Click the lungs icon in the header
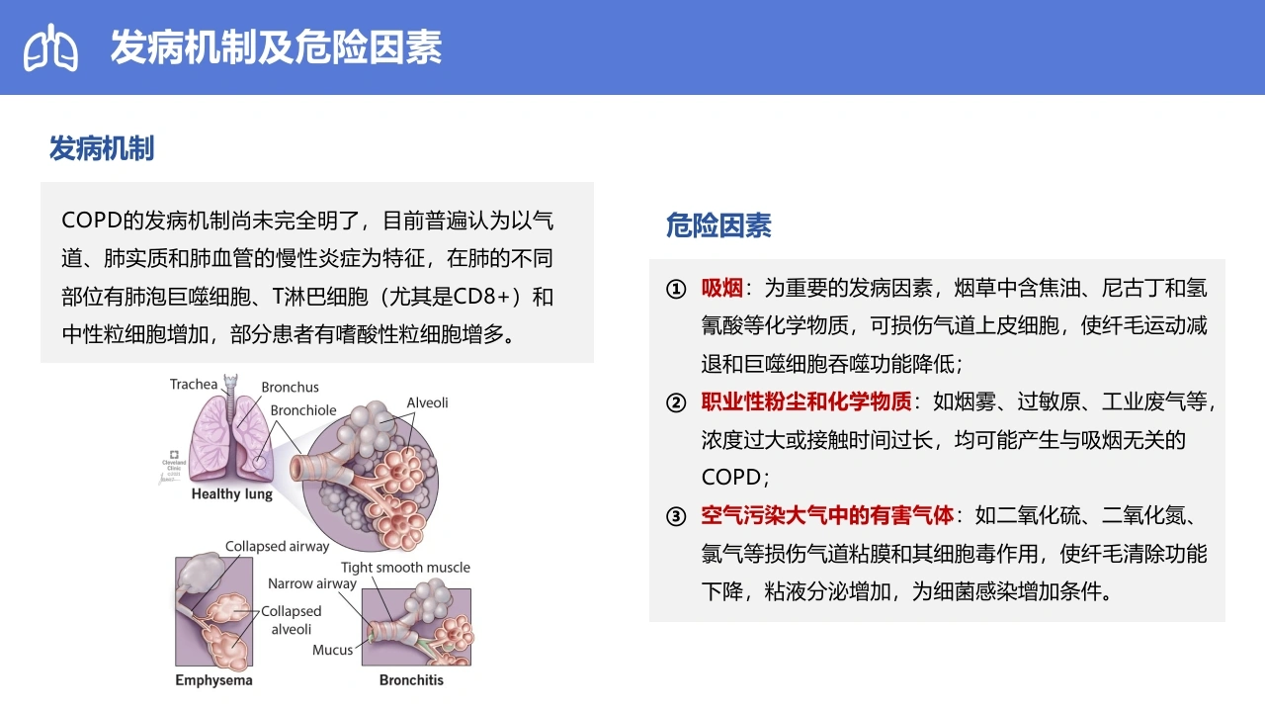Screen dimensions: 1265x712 pyautogui.click(x=50, y=47)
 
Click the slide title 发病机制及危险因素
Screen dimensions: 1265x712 pyautogui.click(x=276, y=46)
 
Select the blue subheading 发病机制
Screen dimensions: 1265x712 pyautogui.click(x=102, y=148)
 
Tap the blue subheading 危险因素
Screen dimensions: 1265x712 pyautogui.click(x=718, y=224)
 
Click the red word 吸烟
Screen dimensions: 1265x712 pyautogui.click(x=721, y=288)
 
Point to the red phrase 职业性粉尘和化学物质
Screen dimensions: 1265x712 pyautogui.click(x=806, y=401)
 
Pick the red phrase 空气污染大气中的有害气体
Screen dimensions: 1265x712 pyautogui.click(x=827, y=515)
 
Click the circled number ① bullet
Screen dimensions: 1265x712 pyautogui.click(x=676, y=290)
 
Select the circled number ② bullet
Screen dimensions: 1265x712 pyautogui.click(x=676, y=402)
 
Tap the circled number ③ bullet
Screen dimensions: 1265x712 pyautogui.click(x=676, y=516)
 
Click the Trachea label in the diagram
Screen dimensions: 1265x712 pyautogui.click(x=194, y=385)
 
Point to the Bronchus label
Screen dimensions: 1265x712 pyautogui.click(x=290, y=387)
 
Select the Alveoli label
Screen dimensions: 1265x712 pyautogui.click(x=428, y=402)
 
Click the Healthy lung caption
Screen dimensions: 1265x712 pyautogui.click(x=231, y=493)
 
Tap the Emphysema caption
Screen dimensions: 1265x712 pyautogui.click(x=213, y=679)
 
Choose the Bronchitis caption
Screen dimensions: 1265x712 pyautogui.click(x=411, y=679)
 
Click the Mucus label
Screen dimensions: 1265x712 pyautogui.click(x=333, y=650)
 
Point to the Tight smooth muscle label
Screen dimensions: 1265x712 pyautogui.click(x=405, y=568)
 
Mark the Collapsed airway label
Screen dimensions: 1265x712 pyautogui.click(x=277, y=547)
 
